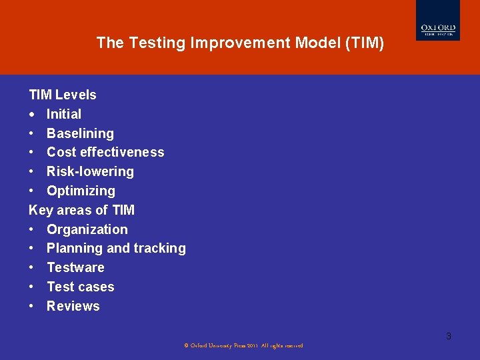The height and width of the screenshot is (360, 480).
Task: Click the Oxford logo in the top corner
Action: coord(438,20)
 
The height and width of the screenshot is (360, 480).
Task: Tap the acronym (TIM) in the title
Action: coord(365,43)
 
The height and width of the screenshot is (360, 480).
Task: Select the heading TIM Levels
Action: coord(62,95)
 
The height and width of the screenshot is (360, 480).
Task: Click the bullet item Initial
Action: coord(64,114)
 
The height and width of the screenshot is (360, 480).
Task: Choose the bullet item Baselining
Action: coord(80,133)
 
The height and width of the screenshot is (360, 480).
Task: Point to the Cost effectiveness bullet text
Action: coord(105,152)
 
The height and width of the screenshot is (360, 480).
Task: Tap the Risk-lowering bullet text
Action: coord(90,171)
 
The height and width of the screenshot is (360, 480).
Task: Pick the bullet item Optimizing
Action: coord(81,191)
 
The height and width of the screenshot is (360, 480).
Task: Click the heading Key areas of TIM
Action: coord(81,210)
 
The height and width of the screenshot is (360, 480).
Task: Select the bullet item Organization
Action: coord(87,229)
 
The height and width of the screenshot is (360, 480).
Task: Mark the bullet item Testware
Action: coord(75,267)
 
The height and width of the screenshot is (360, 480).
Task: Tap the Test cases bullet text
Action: coord(80,287)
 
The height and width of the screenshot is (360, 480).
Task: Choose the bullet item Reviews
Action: coord(73,306)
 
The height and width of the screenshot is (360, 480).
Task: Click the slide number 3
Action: coord(449,336)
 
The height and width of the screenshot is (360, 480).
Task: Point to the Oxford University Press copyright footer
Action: coord(243,345)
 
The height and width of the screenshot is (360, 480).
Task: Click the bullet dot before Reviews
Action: coord(31,306)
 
